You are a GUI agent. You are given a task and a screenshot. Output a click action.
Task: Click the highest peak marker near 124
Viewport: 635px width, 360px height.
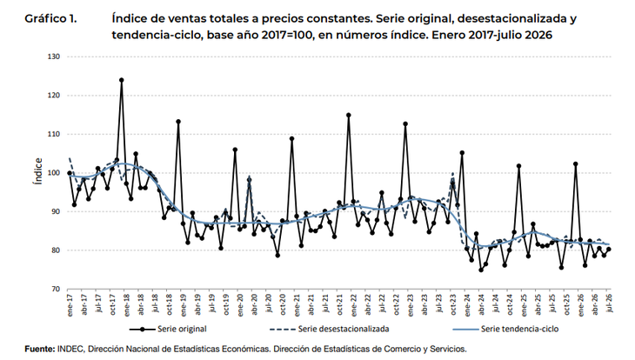click(x=122, y=80)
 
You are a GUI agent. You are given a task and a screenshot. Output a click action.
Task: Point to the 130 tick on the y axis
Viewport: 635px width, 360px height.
click(x=54, y=57)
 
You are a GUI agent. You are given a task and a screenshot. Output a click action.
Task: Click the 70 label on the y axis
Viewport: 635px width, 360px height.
click(x=56, y=290)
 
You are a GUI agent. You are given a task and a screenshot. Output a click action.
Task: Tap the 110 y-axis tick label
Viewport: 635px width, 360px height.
click(x=54, y=134)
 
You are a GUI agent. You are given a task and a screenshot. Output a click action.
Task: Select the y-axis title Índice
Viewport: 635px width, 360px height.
click(x=38, y=171)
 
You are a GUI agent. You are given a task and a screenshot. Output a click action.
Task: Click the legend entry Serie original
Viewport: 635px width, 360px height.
click(x=168, y=329)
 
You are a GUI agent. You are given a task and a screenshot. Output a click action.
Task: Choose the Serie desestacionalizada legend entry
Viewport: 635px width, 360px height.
click(x=330, y=329)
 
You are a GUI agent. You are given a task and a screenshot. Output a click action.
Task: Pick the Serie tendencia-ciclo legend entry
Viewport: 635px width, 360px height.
click(x=505, y=329)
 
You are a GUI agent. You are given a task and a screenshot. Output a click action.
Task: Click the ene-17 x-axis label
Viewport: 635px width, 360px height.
click(x=70, y=305)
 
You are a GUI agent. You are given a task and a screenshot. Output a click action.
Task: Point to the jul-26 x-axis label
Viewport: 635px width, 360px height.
click(x=610, y=303)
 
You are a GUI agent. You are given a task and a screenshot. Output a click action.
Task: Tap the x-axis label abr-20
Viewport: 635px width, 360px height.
click(x=254, y=305)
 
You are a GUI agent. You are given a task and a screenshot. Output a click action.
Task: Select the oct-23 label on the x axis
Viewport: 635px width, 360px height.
click(x=453, y=305)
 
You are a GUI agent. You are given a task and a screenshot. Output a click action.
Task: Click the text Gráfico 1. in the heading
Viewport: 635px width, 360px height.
click(x=50, y=18)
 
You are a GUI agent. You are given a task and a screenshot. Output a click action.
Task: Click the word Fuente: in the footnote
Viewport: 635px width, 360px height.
click(x=40, y=349)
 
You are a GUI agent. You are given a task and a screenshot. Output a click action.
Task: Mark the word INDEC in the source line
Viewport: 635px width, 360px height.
click(x=70, y=349)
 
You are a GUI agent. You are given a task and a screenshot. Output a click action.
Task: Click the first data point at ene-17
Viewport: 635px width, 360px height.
click(x=70, y=173)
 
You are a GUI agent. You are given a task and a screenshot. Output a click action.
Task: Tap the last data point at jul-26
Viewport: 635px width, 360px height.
click(x=608, y=250)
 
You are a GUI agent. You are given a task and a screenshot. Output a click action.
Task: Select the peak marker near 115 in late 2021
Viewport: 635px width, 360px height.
click(x=348, y=115)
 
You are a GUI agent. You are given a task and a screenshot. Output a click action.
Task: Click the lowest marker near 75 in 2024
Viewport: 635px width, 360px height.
click(x=481, y=270)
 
